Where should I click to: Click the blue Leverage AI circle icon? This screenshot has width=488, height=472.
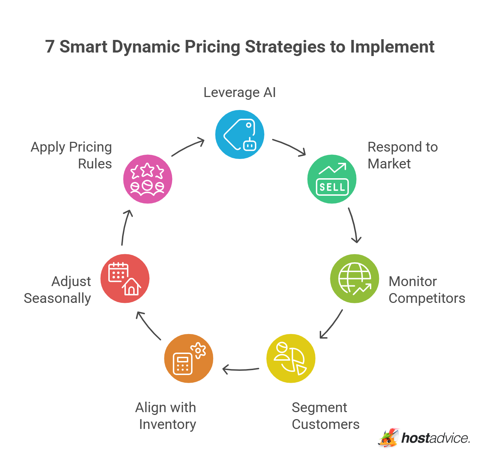[240, 134]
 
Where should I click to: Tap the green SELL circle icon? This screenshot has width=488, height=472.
[332, 179]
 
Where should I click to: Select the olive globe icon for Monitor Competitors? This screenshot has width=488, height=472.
[355, 278]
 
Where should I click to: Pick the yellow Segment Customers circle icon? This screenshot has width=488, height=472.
[291, 358]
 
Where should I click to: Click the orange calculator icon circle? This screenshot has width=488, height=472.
[189, 358]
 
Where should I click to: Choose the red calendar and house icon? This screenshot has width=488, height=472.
[125, 278]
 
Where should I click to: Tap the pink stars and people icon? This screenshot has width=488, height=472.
[148, 179]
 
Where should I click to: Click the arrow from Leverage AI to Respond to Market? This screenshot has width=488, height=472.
[290, 147]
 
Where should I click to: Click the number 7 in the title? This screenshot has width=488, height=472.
[50, 47]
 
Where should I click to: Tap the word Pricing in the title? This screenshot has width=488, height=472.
[212, 47]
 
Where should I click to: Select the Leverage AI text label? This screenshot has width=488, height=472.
[240, 92]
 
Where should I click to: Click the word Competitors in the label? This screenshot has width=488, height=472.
[427, 298]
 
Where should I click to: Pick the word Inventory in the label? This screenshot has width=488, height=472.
[168, 424]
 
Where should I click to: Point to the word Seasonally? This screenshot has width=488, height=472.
[57, 298]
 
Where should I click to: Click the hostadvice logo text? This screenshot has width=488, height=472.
[435, 438]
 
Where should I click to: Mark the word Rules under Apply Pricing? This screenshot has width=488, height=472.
[95, 164]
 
